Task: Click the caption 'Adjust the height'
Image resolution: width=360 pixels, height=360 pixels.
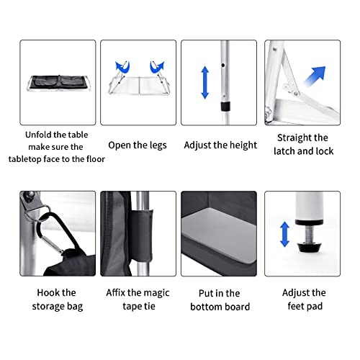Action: [x=220, y=145]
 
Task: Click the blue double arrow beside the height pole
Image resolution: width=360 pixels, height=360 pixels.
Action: [x=204, y=82]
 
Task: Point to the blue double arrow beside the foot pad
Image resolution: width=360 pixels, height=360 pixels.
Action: [x=284, y=234]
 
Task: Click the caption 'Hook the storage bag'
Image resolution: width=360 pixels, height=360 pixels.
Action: [x=57, y=300]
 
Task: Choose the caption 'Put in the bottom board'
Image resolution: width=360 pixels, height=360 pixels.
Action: [x=220, y=300]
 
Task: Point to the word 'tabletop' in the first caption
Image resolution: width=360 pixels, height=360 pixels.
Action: [x=39, y=159]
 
